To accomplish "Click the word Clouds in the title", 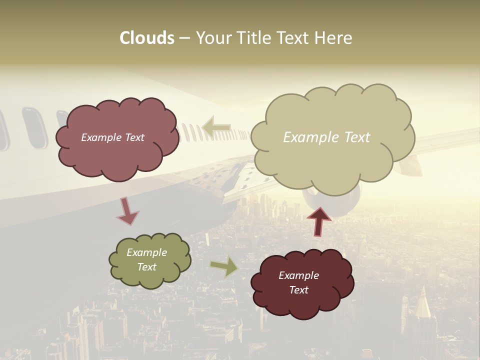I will point(147,37).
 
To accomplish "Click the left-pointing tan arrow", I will point(216,127).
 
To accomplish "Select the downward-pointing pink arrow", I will point(127,211).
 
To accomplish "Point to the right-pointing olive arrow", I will point(224,267).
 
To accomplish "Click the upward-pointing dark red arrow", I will point(318,221).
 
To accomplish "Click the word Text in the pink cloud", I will point(133,137).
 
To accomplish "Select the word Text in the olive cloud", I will point(147,267).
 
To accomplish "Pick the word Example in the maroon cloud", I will point(299,275).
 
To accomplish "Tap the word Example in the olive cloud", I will point(147,252).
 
